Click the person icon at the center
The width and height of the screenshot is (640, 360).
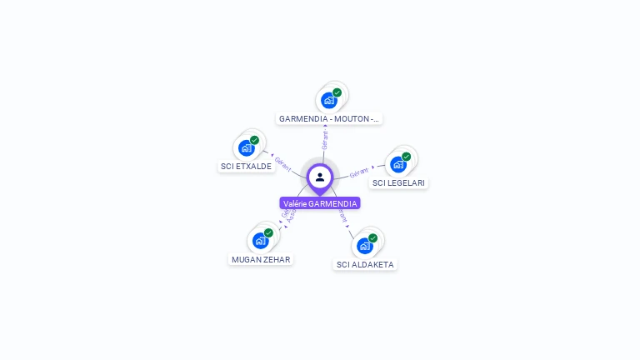[320, 177]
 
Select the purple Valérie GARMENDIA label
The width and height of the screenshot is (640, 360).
[320, 203]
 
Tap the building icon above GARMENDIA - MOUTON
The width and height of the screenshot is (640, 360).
[329, 101]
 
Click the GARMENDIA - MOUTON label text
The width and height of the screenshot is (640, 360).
[329, 119]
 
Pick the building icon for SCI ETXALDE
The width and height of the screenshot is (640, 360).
[246, 148]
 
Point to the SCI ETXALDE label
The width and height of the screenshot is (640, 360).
[246, 167]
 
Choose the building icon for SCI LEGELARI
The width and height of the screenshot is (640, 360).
[397, 164]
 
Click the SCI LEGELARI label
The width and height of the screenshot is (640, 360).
[400, 182]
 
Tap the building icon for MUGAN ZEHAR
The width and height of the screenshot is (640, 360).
[260, 241]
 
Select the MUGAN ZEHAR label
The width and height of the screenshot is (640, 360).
[261, 259]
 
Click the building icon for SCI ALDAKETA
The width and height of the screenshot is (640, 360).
[364, 246]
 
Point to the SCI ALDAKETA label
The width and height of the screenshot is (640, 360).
[365, 264]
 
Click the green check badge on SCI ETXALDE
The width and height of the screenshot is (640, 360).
[254, 140]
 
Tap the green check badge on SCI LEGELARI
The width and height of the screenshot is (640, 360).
[406, 157]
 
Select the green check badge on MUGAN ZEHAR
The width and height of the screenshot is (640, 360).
[268, 233]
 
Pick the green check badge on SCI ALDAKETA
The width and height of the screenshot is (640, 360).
[372, 238]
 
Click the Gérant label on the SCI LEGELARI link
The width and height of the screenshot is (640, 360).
[359, 172]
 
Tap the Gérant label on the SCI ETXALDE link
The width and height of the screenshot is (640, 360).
[282, 164]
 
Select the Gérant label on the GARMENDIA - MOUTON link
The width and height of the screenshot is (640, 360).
[325, 139]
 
